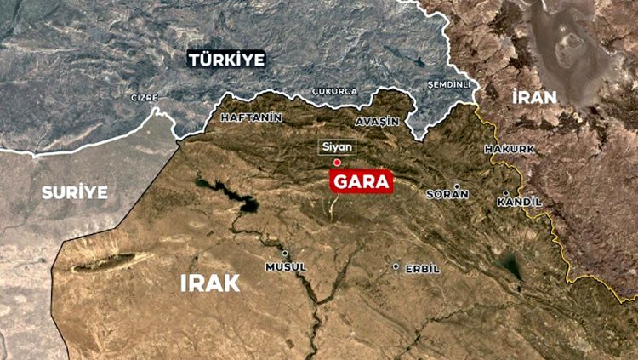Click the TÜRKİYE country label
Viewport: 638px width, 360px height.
[x=226, y=60]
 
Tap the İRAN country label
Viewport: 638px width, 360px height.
[x=534, y=96]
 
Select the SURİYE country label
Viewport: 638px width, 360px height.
[x=75, y=192]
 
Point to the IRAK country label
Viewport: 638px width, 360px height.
[x=209, y=283]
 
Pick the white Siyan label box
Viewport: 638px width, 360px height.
[x=336, y=146]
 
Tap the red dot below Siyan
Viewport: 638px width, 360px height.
[x=337, y=162]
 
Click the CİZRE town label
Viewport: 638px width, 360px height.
[x=144, y=98]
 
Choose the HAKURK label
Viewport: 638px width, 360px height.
[x=509, y=150]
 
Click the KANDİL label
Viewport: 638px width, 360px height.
[x=518, y=203]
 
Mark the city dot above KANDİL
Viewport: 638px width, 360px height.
[x=506, y=192]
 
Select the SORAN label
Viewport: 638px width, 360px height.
[x=447, y=194]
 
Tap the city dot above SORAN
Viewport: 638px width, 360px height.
[x=457, y=186]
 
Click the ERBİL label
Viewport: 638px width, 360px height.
[x=422, y=269]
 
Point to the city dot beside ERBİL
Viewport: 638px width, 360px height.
[x=396, y=266]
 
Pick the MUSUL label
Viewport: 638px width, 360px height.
[x=285, y=267]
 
